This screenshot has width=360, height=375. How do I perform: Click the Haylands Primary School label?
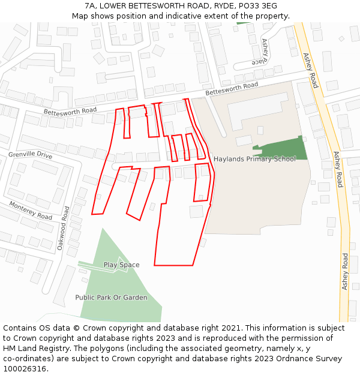click(254, 159)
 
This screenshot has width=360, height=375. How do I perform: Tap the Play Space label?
click(121, 265)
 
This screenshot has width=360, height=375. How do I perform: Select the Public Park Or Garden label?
click(111, 298)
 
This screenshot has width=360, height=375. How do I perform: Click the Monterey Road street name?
click(31, 210)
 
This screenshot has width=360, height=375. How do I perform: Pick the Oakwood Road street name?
click(64, 228)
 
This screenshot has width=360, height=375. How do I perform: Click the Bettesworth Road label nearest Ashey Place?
click(232, 89)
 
